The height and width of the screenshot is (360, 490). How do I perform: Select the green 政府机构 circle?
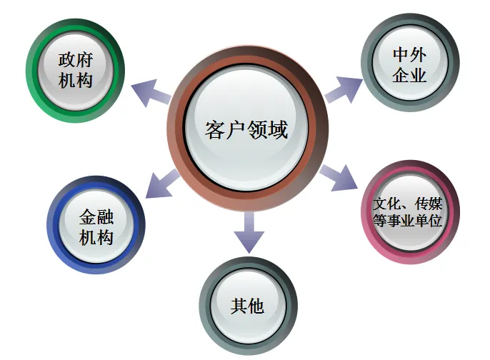pos(75,69)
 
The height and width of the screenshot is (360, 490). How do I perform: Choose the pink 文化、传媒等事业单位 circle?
pos(408,212)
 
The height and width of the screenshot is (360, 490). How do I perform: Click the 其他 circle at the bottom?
pos(247,306)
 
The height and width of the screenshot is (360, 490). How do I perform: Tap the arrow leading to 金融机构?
pos(162,185)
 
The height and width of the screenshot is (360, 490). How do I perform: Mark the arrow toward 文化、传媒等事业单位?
pos(339,177)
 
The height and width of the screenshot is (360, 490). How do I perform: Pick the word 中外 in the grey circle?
pos(409,54)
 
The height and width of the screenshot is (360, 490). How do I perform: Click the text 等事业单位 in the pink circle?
pos(408,221)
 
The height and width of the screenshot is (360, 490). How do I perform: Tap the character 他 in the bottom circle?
pos(256,306)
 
